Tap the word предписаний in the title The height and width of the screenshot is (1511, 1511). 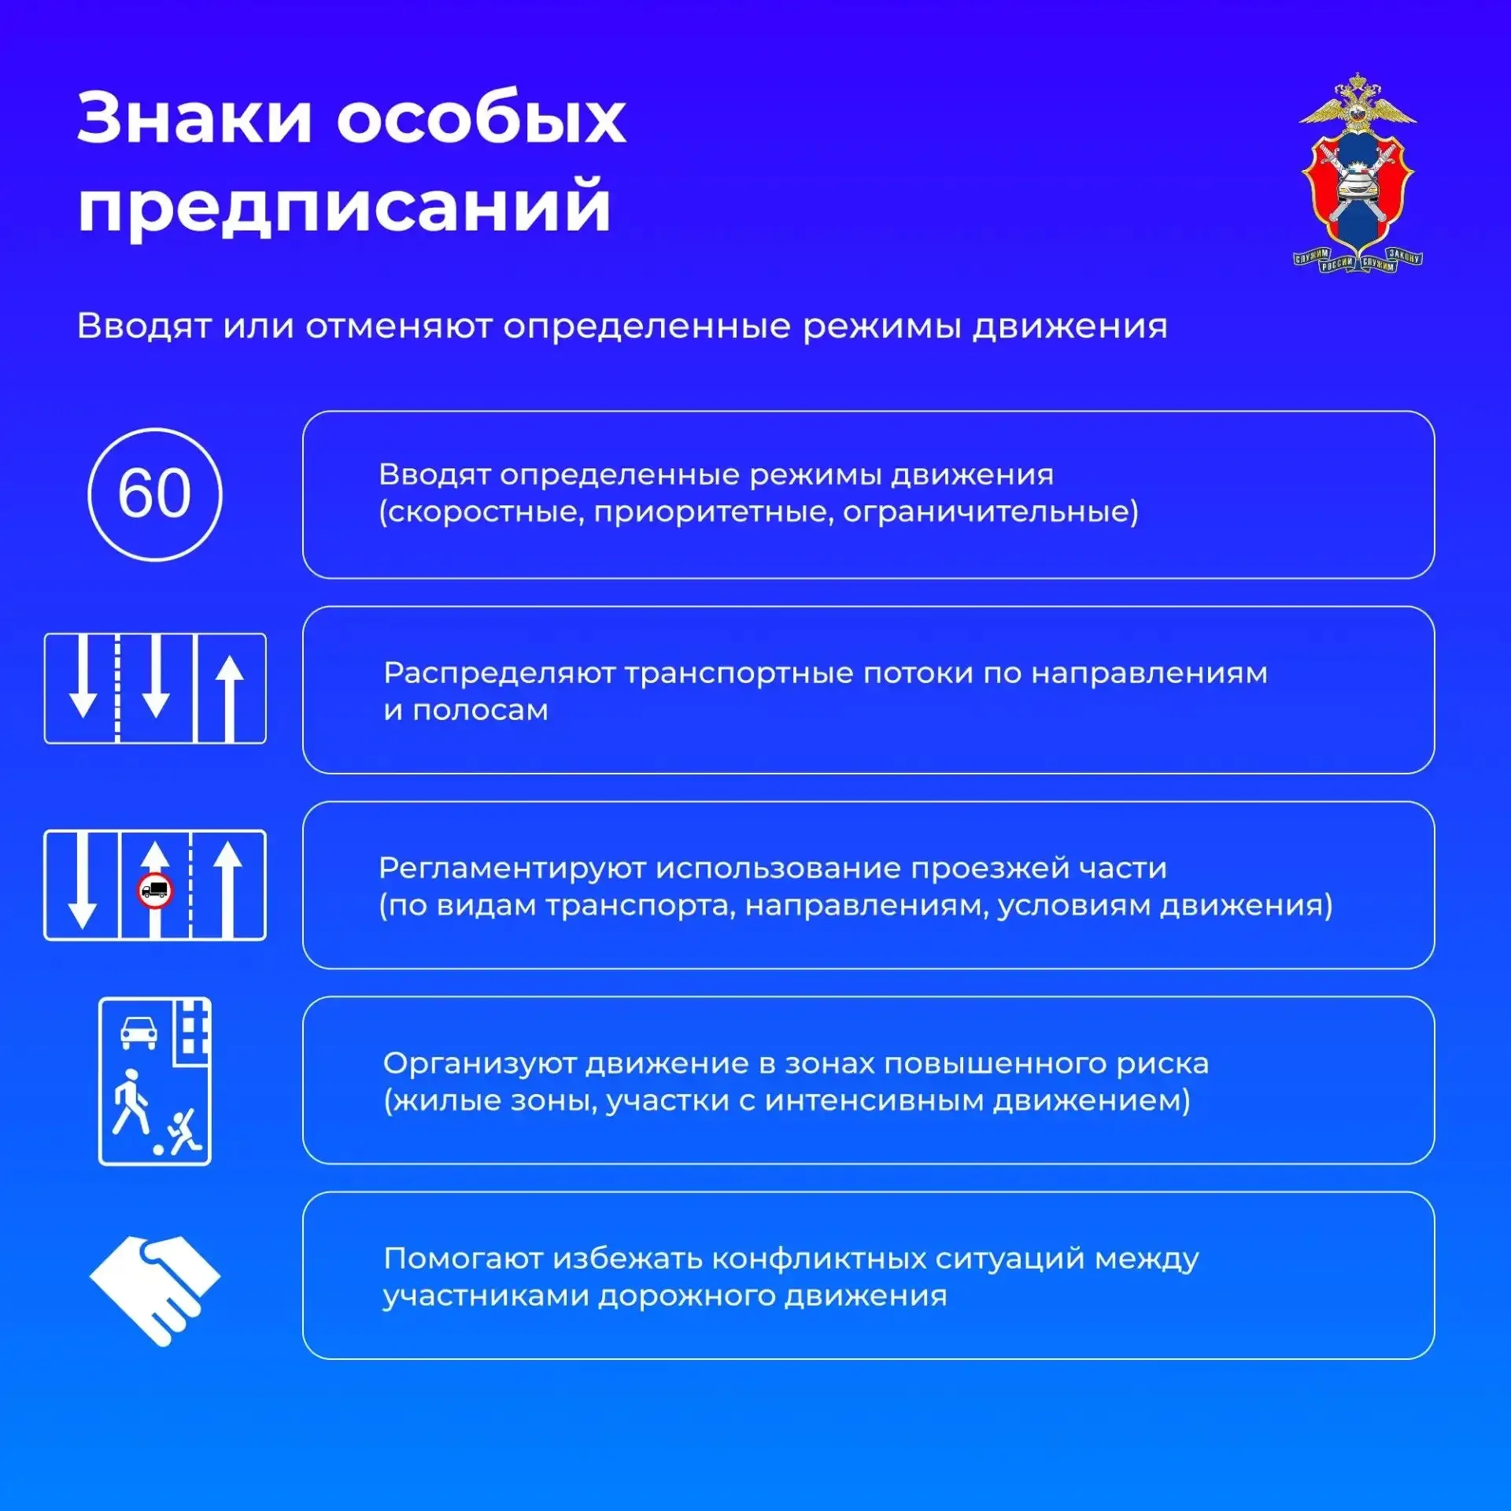click(344, 206)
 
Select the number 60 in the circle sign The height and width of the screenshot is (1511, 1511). click(155, 493)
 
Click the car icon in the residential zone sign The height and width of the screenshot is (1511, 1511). click(139, 1032)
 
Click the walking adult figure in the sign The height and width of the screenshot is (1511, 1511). click(130, 1102)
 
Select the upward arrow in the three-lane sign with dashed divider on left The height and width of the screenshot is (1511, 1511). click(230, 699)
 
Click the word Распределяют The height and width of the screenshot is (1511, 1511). click(499, 674)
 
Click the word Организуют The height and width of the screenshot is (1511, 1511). click(479, 1064)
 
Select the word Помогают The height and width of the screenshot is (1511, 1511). click(463, 1258)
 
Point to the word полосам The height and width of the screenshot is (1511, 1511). click(480, 711)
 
